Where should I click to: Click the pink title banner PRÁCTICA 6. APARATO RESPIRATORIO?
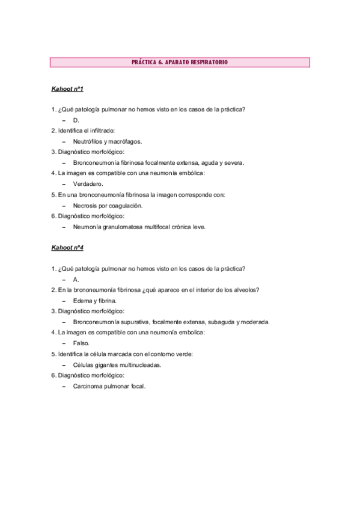pos(179,63)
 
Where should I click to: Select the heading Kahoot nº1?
pos(67,89)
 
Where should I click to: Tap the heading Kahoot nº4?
pos(67,247)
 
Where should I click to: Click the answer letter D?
pos(76,120)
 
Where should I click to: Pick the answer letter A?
pos(76,279)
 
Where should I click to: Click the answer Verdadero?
pos(88,184)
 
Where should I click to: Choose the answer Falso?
pos(81,343)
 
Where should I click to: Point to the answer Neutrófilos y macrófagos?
pos(107,141)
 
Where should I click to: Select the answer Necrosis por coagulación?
pos(107,205)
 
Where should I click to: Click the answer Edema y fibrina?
pos(94,300)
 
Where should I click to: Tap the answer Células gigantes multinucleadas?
pos(117,364)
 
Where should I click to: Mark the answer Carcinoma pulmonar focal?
pos(109,386)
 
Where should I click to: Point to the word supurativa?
pos(133,322)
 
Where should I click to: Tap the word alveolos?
pos(246,290)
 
